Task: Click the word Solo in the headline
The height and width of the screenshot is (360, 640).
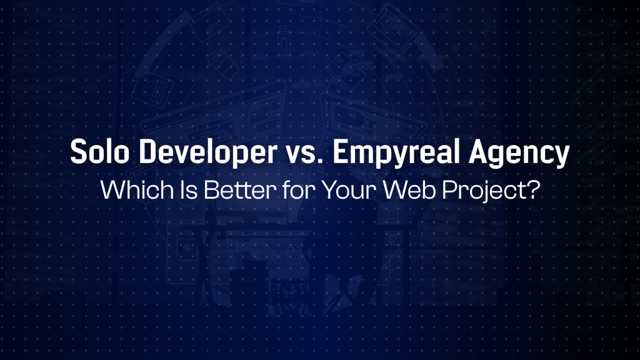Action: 99,152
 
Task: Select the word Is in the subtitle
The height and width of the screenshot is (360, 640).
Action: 189,190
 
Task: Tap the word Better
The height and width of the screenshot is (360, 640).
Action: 239,190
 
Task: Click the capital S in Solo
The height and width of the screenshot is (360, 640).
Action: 79,152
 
